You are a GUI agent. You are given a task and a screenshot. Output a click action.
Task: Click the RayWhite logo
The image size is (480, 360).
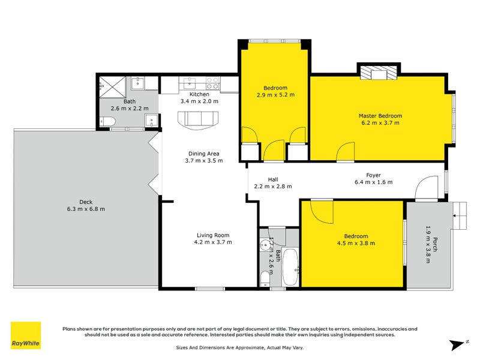[26, 335]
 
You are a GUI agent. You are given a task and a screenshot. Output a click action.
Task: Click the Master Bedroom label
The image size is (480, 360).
[380, 116]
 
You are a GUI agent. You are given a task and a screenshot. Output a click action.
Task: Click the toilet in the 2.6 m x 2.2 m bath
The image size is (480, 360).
[108, 122]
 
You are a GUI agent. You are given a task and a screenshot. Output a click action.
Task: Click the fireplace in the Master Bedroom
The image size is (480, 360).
[378, 72]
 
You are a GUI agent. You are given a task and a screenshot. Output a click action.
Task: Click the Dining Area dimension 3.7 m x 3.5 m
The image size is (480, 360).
[203, 160]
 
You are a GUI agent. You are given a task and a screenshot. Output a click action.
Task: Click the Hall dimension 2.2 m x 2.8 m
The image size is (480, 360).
[272, 186]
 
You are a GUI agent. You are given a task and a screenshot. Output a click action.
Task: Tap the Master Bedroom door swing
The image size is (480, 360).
[345, 152]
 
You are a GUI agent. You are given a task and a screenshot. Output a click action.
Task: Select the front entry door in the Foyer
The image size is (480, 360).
[428, 188]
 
